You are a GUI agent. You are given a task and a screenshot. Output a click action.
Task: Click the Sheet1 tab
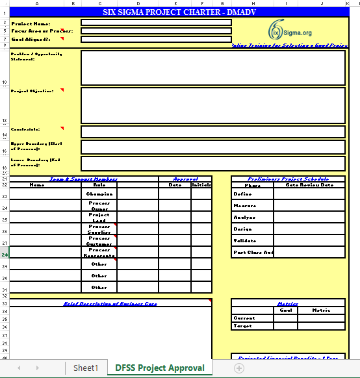click(86, 368)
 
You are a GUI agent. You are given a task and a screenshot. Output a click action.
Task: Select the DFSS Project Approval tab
click(159, 368)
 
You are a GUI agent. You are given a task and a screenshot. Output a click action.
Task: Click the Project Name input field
click(156, 22)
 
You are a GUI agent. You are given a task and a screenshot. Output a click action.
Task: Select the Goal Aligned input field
click(156, 39)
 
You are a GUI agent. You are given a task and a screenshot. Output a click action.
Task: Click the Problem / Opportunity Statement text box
click(212, 68)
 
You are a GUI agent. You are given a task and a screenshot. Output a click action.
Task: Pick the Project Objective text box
click(212, 105)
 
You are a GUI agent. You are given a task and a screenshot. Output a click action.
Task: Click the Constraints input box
click(212, 132)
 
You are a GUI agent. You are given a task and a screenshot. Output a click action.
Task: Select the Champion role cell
click(99, 194)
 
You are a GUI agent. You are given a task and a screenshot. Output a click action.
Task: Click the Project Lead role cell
click(99, 218)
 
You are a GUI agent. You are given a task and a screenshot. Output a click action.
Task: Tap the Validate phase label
click(244, 240)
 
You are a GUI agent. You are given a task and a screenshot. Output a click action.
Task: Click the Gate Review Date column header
click(309, 185)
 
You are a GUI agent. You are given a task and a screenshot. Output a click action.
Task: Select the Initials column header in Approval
click(201, 185)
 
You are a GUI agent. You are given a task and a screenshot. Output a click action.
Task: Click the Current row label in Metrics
click(244, 318)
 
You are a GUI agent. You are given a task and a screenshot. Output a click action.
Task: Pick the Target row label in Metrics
click(242, 326)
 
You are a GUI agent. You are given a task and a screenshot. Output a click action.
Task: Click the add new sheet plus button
click(239, 368)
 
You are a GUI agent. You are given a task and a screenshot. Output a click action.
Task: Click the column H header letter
click(252, 4)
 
